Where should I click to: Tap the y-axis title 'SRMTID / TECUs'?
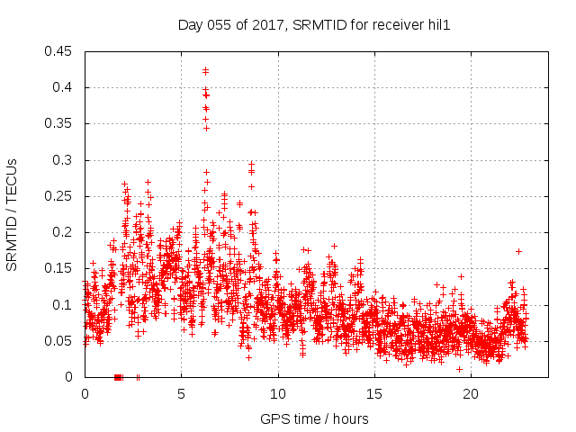12,213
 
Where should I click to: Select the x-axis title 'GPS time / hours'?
314,418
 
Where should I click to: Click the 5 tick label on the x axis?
181,394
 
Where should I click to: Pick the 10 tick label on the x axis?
278,394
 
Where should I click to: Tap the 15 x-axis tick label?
374,394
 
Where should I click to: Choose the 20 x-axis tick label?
471,394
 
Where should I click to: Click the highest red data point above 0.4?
205,69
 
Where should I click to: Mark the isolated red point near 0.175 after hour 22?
518,251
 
